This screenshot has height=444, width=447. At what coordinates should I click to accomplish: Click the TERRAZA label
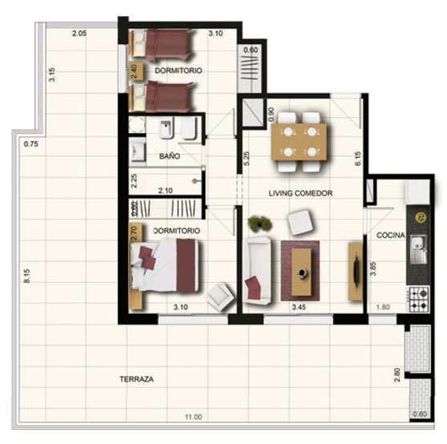[x=136, y=379]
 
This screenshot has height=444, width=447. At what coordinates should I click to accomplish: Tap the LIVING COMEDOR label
[x=300, y=193]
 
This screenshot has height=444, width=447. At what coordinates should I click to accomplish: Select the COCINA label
[x=391, y=235]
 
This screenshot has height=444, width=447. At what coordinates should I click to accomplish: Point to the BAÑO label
[x=169, y=156]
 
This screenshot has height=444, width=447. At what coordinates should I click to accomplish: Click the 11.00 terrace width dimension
[x=193, y=417]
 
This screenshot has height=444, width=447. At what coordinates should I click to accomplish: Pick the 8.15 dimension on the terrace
[x=26, y=276]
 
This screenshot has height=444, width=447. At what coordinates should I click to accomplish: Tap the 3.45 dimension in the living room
[x=299, y=307]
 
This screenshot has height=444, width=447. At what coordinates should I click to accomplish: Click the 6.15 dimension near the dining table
[x=358, y=159]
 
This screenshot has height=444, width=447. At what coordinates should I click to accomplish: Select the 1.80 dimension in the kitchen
[x=383, y=307]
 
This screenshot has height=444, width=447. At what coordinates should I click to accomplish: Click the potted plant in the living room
[x=259, y=222]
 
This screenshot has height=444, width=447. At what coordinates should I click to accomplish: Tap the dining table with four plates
[x=299, y=142]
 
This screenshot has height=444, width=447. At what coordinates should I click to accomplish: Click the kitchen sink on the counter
[x=418, y=249]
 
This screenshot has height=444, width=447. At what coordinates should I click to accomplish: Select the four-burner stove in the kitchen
[x=418, y=300]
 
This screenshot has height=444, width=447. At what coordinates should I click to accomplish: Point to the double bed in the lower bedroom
[x=164, y=265]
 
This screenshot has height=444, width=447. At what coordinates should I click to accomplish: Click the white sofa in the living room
[x=257, y=271]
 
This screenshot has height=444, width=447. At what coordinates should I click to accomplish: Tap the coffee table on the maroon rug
[x=301, y=272]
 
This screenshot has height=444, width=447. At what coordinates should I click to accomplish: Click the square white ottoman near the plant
[x=299, y=222]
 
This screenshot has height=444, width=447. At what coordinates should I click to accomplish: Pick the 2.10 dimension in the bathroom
[x=165, y=191]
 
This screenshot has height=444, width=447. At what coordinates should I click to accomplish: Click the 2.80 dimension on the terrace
[x=397, y=375]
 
